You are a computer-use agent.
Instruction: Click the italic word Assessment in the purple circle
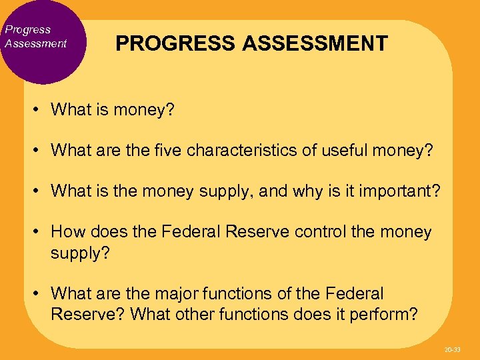36,43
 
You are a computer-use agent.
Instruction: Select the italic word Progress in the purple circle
27,29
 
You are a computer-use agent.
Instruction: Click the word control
323,232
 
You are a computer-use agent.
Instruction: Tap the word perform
387,314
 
